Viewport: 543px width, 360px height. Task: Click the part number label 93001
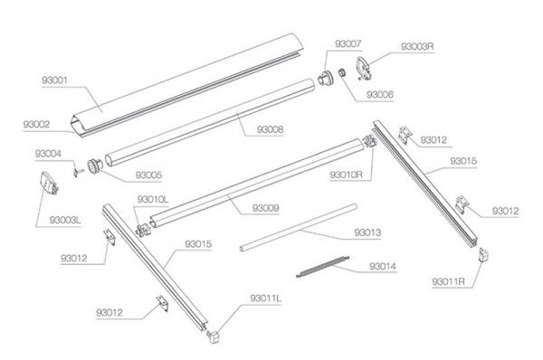[x=54, y=81]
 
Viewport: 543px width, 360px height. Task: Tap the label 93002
[x=36, y=124]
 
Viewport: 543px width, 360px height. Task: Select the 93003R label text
[x=417, y=46]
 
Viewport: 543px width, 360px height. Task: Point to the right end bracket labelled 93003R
[x=363, y=68]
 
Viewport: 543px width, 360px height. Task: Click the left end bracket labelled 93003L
[x=49, y=183]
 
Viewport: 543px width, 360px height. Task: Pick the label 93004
[x=48, y=154]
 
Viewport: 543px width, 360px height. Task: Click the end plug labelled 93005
[x=95, y=166]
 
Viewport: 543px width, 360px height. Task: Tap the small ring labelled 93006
[x=342, y=72]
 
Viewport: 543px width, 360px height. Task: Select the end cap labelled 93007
[x=326, y=78]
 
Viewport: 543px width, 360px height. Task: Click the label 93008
[x=270, y=130]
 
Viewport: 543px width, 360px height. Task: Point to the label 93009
[x=265, y=208]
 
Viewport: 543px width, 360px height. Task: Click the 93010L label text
[x=153, y=199]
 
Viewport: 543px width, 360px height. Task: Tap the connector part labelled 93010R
[x=369, y=142]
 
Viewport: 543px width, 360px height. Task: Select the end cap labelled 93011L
[x=214, y=336]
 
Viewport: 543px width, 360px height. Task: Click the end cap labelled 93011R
[x=483, y=255]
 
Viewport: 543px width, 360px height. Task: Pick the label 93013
[x=367, y=232]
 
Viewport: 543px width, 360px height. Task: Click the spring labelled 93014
[x=323, y=267]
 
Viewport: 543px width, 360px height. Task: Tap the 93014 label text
[x=383, y=266]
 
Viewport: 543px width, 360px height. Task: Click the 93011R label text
[x=448, y=282]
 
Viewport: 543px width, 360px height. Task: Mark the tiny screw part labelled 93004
[x=78, y=172]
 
